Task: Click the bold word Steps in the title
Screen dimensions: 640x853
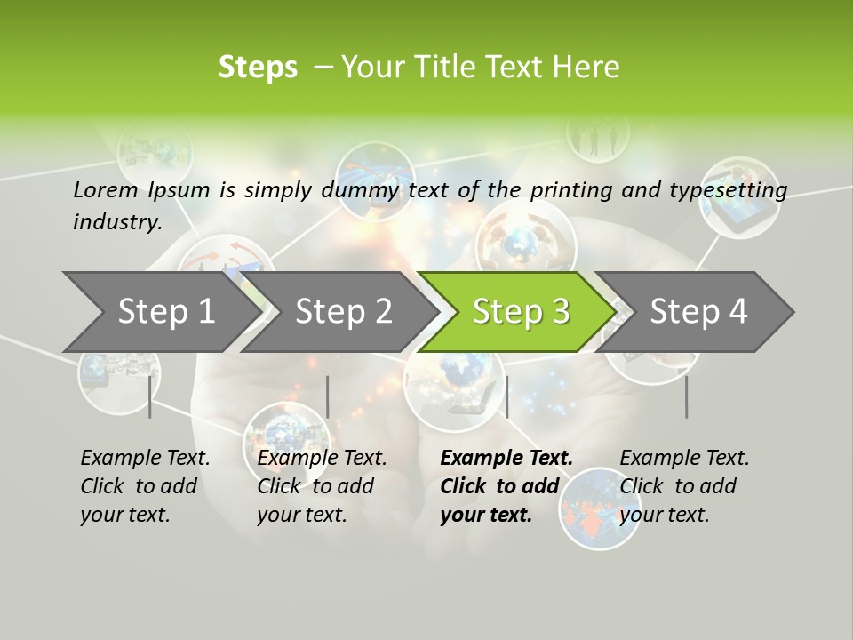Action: coord(258,68)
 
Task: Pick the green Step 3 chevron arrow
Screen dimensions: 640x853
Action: coord(521,311)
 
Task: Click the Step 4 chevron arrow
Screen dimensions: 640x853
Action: coord(698,311)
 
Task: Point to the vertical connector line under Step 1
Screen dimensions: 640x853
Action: coord(150,396)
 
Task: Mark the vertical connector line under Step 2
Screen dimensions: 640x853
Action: coord(328,396)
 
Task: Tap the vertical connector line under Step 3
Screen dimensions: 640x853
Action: coord(506,396)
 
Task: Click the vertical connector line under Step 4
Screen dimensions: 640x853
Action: coord(687,396)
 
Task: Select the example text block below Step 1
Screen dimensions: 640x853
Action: coord(145,486)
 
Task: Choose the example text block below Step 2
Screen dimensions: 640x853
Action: coord(322,486)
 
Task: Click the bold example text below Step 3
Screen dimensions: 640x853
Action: coord(506,486)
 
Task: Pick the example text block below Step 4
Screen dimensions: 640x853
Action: coord(684,486)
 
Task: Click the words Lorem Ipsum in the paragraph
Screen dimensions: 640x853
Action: coord(141,189)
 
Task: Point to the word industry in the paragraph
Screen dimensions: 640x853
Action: coord(117,222)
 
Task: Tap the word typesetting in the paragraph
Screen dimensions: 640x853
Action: coord(731,189)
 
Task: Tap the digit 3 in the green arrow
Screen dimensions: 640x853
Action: coord(561,311)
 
